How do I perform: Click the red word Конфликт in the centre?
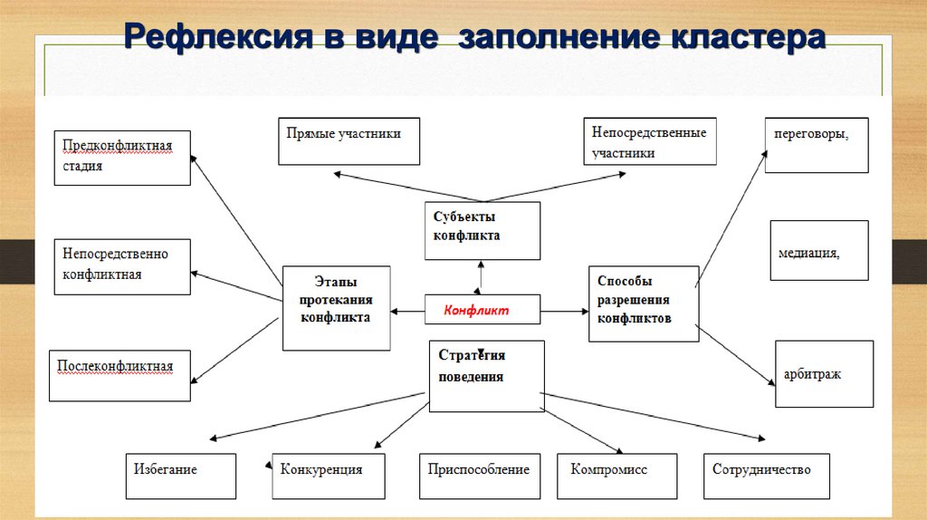[476, 311]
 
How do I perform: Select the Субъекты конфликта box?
[483, 230]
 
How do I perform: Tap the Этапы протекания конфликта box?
[337, 308]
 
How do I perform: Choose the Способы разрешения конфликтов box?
[643, 303]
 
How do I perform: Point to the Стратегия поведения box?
[486, 375]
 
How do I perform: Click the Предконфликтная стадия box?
[122, 157]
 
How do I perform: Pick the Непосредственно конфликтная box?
[122, 265]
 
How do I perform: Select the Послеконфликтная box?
[119, 375]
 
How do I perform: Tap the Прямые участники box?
[349, 140]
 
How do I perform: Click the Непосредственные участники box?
[649, 141]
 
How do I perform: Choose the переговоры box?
[816, 145]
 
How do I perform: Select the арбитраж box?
[824, 373]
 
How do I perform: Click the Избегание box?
[180, 476]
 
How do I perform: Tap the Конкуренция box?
[329, 476]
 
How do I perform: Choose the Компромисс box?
[616, 476]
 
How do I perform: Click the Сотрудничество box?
[767, 476]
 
